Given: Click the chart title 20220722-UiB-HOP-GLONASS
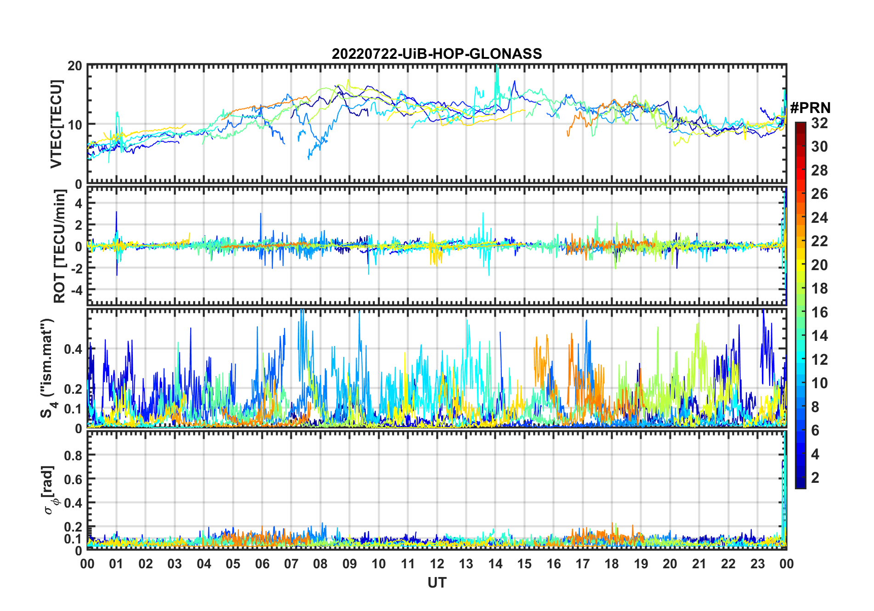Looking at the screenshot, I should pyautogui.click(x=437, y=54).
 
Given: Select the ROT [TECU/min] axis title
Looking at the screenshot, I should pyautogui.click(x=60, y=246).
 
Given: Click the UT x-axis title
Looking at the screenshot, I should pyautogui.click(x=437, y=583).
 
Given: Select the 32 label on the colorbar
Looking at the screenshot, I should pyautogui.click(x=819, y=123).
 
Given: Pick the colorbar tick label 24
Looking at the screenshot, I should pyautogui.click(x=819, y=218).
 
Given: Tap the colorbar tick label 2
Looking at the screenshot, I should pyautogui.click(x=815, y=478).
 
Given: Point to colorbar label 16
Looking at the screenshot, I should pyautogui.click(x=819, y=312).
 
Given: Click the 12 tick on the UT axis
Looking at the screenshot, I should pyautogui.click(x=437, y=564).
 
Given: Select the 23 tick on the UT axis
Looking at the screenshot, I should pyautogui.click(x=757, y=564).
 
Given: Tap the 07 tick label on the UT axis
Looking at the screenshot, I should pyautogui.click(x=291, y=564).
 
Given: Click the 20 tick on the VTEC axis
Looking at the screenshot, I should pyautogui.click(x=75, y=66).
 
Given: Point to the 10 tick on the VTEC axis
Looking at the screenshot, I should pyautogui.click(x=75, y=124).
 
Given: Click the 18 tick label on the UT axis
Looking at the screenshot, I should pyautogui.click(x=612, y=564).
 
